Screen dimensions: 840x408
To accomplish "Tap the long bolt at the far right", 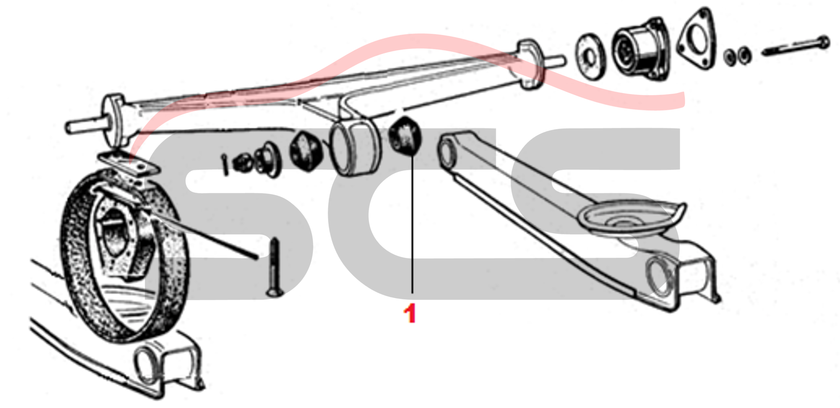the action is pyautogui.click(x=796, y=48).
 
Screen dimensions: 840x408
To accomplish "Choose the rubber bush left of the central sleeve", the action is pyautogui.click(x=306, y=150).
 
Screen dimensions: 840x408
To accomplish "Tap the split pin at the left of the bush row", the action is pyautogui.click(x=225, y=165).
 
